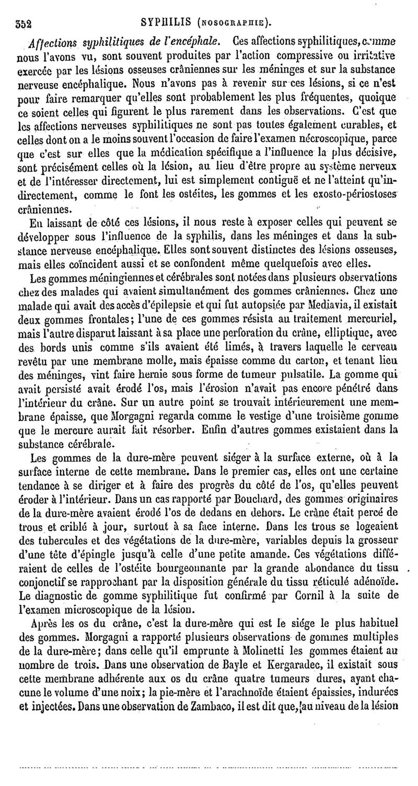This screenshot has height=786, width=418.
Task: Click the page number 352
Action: click(24, 22)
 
